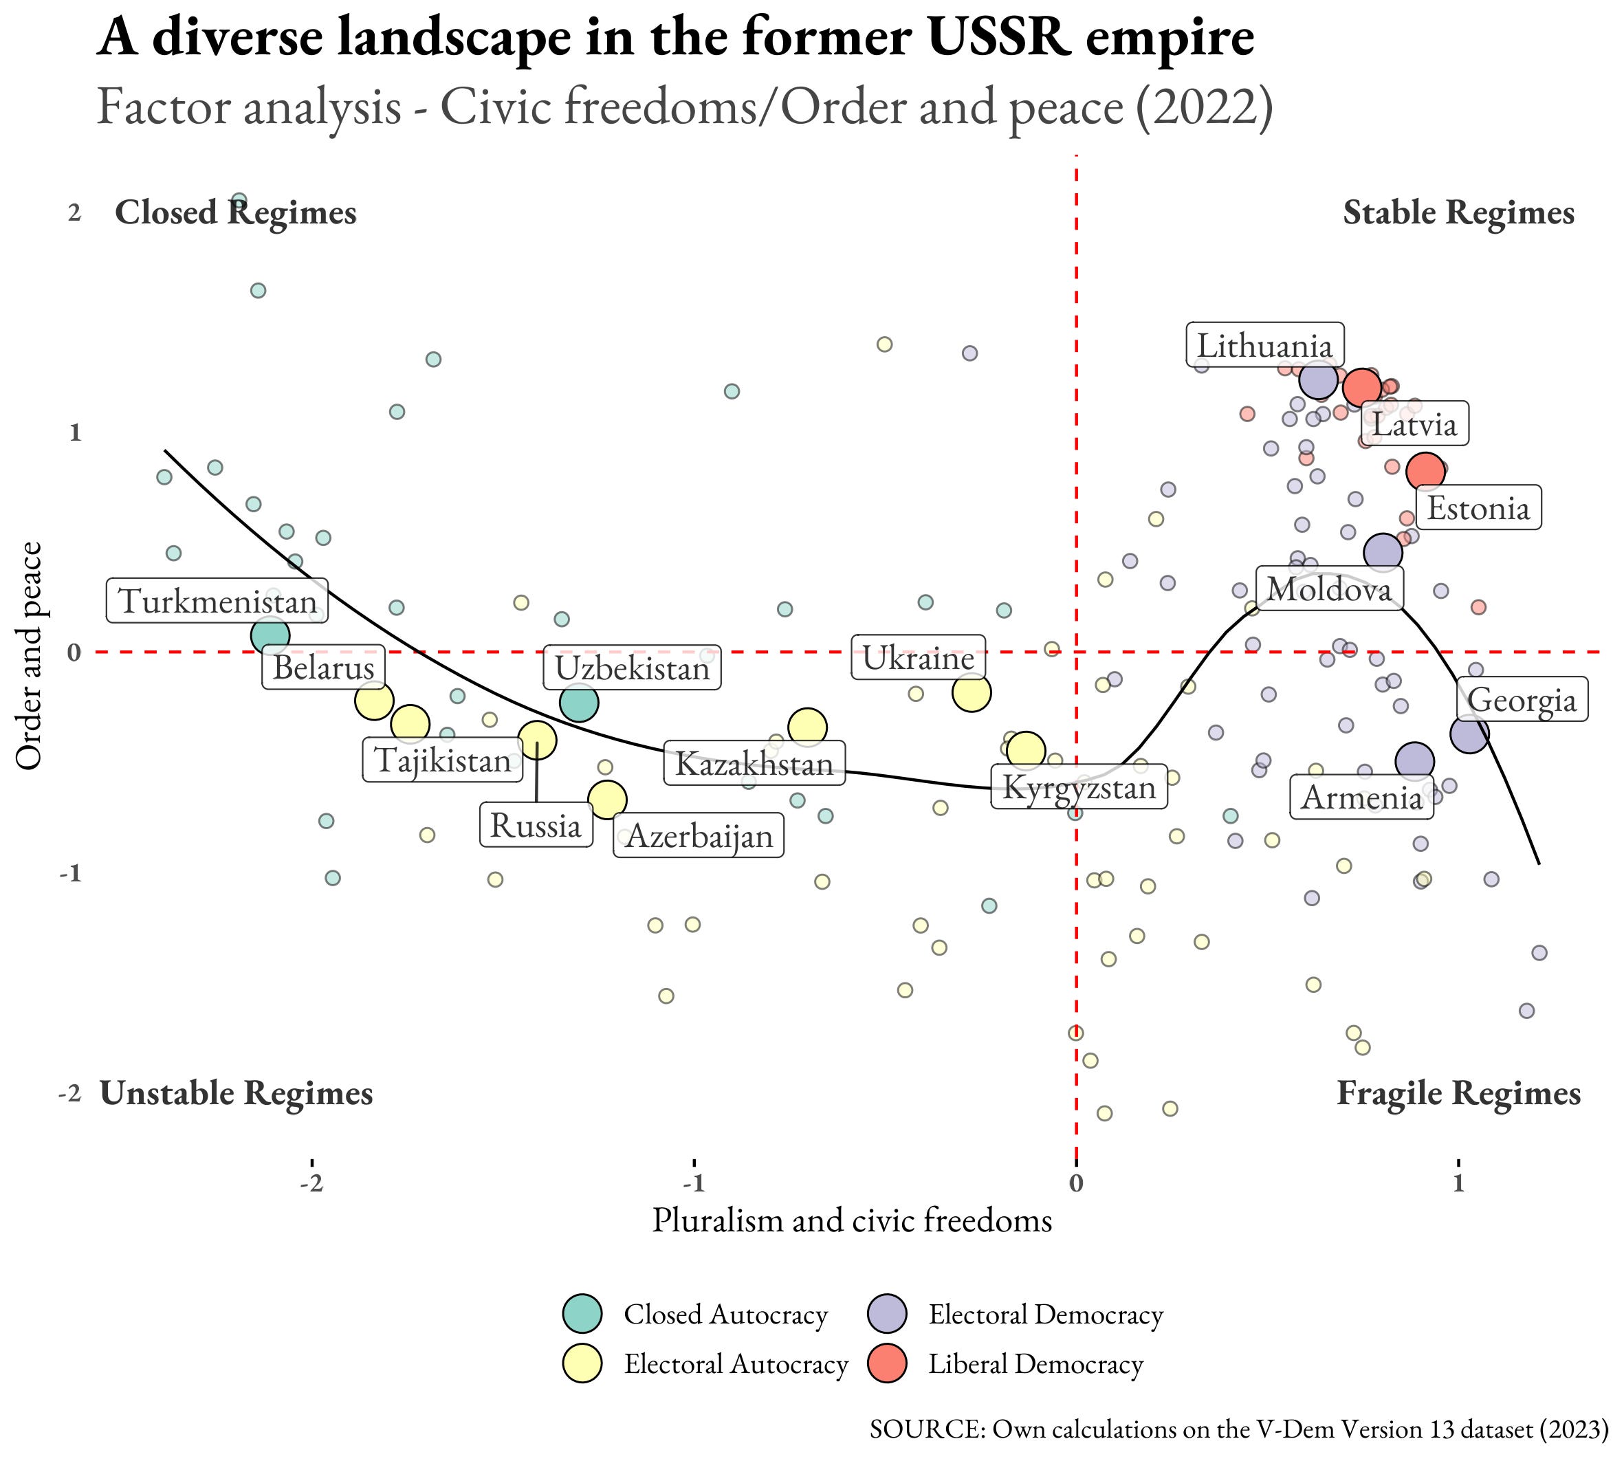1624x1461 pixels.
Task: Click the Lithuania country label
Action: (1264, 346)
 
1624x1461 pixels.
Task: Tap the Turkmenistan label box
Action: (217, 600)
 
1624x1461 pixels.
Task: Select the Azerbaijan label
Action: (699, 835)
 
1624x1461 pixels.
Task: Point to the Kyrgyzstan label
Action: (1079, 787)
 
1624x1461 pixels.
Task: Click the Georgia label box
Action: (1522, 700)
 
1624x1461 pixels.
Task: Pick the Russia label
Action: (536, 825)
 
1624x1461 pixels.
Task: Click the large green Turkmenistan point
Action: (270, 636)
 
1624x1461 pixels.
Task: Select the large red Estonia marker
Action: (1426, 471)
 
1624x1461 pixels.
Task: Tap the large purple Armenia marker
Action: (1414, 762)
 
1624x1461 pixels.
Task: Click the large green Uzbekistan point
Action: (579, 703)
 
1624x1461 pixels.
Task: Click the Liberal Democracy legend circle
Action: (887, 1364)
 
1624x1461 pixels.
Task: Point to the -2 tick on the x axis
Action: (312, 1183)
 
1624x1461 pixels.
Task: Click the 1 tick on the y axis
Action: (75, 432)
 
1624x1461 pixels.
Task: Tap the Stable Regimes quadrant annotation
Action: (1458, 212)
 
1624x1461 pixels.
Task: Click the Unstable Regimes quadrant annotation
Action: (236, 1093)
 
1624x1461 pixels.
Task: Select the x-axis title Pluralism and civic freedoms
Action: (852, 1220)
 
